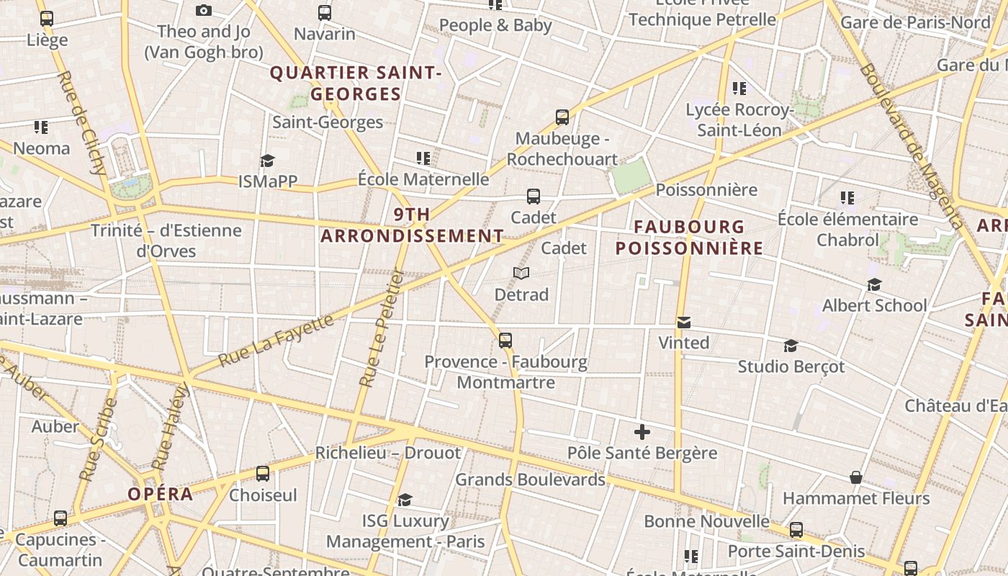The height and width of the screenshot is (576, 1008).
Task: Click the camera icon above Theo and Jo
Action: pos(204,10)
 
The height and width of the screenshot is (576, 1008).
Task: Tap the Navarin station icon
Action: pos(325,13)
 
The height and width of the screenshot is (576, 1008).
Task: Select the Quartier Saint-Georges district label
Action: pos(356,84)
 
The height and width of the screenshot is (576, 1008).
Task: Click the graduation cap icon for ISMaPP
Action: pos(268,161)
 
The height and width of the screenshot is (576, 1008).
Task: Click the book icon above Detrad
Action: pos(521,273)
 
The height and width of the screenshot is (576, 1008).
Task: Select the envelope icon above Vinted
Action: pos(683,322)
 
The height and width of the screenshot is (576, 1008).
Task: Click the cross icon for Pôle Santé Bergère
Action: pos(642,432)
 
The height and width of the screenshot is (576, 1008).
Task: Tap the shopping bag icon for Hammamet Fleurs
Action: pos(856,477)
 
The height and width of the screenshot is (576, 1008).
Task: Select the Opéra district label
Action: pos(161,494)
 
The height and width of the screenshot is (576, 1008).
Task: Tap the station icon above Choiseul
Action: pos(263,474)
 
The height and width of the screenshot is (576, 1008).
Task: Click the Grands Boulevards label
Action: pos(530,480)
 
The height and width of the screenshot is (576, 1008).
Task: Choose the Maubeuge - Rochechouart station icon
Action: pos(562,117)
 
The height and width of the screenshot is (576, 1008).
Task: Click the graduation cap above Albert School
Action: pos(874,285)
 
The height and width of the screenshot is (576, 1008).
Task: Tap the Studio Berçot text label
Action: pos(791,366)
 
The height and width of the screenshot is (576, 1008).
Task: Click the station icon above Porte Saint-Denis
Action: pos(796,530)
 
